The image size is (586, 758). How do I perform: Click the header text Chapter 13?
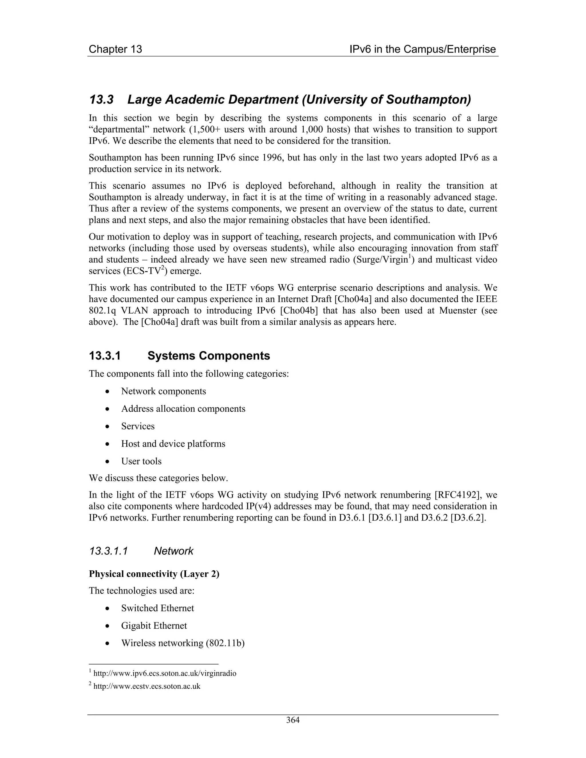coord(115,49)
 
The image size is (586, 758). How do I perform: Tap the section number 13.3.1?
coord(105,356)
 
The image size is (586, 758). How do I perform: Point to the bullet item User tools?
coord(141,461)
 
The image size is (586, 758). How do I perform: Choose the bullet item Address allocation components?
coord(183,409)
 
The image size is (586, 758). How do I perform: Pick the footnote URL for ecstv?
coord(147,686)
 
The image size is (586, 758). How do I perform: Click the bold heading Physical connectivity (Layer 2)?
coord(154,574)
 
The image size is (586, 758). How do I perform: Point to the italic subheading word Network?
coord(174,551)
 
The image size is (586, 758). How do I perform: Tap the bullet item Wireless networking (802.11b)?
coord(183,643)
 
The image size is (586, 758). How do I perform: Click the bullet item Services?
coord(138,426)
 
